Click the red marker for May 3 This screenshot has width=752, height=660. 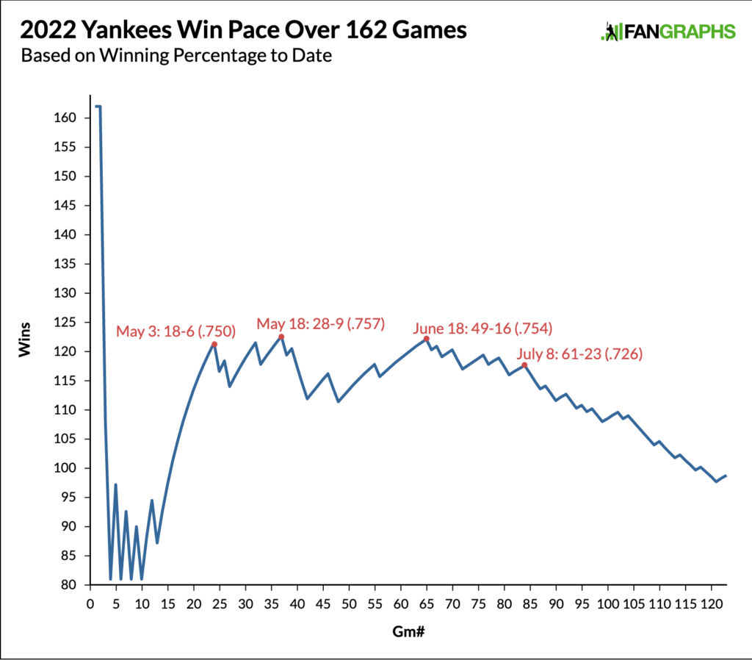(x=214, y=344)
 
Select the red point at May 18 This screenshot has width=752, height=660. (x=281, y=337)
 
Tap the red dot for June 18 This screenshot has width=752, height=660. (x=426, y=339)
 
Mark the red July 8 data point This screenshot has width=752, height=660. (x=524, y=365)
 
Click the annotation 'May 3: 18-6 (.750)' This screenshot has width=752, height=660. (x=176, y=331)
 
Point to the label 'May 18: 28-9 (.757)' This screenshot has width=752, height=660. (x=321, y=323)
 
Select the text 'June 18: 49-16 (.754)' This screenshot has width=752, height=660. (x=482, y=328)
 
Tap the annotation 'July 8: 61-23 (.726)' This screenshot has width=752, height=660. (x=580, y=354)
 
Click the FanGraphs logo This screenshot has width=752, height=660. (x=667, y=32)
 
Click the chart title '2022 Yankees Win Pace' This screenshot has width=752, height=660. (x=243, y=31)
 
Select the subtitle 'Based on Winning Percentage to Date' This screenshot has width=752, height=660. (x=176, y=56)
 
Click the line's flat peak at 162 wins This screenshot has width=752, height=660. (x=97, y=107)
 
